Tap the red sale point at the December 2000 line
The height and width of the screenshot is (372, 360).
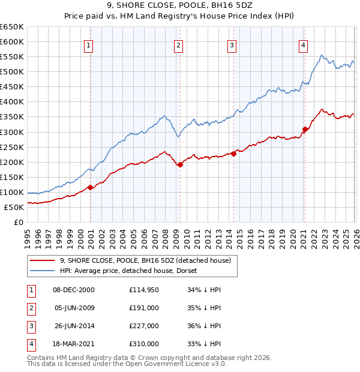tap(90, 187)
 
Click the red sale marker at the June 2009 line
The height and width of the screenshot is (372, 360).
tap(180, 164)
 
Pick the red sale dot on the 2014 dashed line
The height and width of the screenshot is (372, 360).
tap(233, 154)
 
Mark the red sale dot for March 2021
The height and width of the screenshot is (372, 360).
tap(305, 129)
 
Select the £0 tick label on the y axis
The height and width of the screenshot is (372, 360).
tap(17, 223)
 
